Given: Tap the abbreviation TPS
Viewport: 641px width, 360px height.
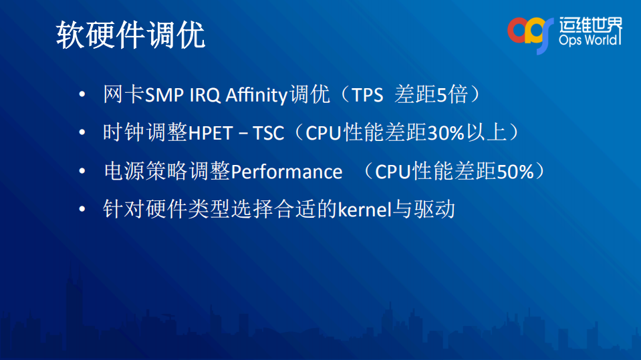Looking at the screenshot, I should click(368, 95).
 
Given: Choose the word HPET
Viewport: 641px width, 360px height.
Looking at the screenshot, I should click(209, 133).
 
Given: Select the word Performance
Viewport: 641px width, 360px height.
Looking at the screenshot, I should click(287, 172).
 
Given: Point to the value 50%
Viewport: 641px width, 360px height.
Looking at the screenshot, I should click(515, 172).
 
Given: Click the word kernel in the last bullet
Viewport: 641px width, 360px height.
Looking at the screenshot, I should click(364, 210).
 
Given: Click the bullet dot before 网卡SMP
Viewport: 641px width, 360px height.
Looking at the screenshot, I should click(82, 96).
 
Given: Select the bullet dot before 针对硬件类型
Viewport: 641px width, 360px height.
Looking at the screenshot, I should click(82, 210).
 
